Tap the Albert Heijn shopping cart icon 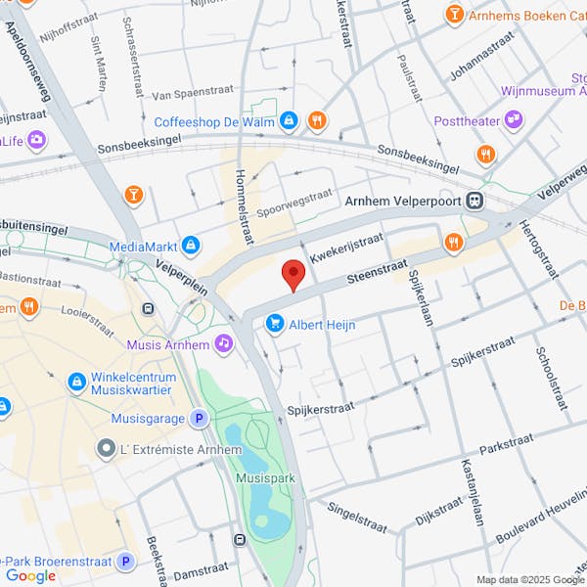(x=275, y=324)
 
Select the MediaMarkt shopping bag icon (x=192, y=246)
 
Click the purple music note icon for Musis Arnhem (x=224, y=344)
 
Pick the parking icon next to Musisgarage (x=200, y=418)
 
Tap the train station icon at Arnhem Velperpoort (x=474, y=200)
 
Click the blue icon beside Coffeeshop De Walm (x=289, y=121)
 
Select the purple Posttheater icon (x=514, y=121)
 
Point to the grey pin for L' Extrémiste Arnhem (x=106, y=448)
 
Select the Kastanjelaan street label (x=475, y=489)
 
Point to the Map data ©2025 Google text (x=529, y=578)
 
